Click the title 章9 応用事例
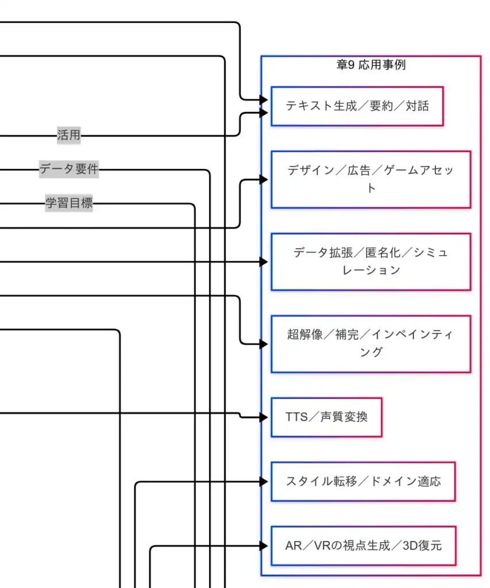coord(371,65)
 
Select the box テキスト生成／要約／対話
coord(357,106)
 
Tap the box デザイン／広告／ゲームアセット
coord(371,179)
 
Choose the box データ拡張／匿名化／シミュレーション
coord(371,261)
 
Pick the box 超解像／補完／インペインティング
coord(371,343)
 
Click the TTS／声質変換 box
coord(326,417)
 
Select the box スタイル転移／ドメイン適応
coord(363,481)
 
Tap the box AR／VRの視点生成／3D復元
coord(363,546)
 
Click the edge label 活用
coord(69,136)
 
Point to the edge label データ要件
coord(69,169)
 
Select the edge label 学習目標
coord(69,203)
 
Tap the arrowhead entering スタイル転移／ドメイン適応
coord(264,482)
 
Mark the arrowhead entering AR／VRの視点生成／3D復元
coord(264,546)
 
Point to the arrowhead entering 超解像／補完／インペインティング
coord(264,344)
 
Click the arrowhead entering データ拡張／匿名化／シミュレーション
coord(264,262)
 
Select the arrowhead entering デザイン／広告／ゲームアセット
coord(264,180)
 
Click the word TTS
coord(296,417)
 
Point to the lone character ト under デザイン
coord(371,188)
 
